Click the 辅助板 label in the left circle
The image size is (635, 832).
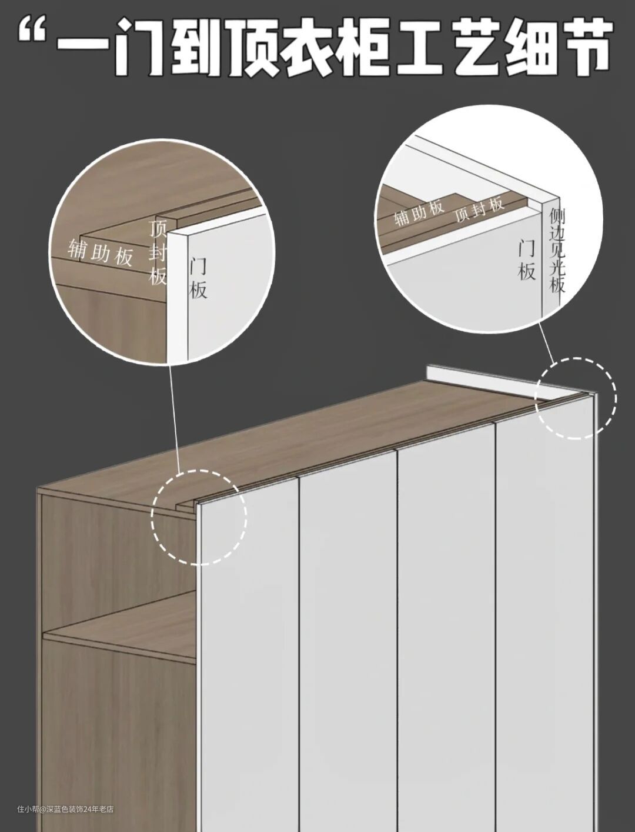point(100,252)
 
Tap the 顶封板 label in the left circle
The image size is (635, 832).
point(157,252)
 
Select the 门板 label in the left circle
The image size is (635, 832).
point(198,278)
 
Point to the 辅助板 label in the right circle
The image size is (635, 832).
point(419,212)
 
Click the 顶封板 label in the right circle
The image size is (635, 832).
point(479,209)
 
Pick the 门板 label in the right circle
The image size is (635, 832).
point(527,261)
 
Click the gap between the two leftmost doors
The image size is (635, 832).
point(299,652)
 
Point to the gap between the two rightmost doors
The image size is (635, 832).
point(495,625)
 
